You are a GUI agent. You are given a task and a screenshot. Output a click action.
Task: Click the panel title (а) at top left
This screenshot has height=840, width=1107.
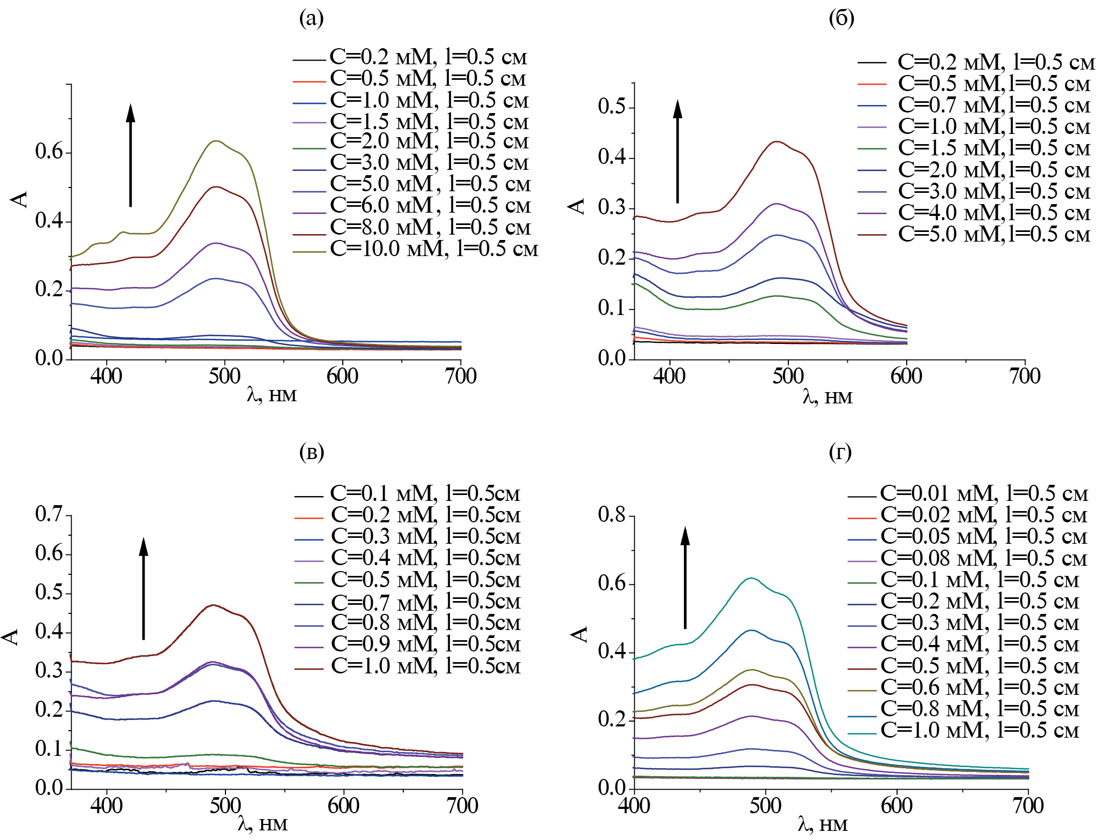311,19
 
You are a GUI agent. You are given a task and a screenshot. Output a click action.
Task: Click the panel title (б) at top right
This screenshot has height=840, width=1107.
841,19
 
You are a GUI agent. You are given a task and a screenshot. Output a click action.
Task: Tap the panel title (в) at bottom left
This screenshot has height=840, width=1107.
311,452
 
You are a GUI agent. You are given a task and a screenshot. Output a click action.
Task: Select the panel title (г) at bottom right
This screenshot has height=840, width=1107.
840,452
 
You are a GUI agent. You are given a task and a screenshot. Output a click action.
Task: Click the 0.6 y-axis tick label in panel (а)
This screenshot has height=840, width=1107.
49,152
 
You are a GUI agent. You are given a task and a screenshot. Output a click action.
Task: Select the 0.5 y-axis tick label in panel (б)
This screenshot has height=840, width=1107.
612,107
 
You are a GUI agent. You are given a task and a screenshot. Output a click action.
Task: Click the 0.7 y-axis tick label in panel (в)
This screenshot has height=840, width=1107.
49,514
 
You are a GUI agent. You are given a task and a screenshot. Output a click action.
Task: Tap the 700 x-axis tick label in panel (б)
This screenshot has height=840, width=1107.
1025,376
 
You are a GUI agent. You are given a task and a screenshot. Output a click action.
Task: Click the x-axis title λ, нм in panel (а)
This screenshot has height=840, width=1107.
272,395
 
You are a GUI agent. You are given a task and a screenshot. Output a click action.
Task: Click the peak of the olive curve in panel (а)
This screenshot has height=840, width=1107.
216,141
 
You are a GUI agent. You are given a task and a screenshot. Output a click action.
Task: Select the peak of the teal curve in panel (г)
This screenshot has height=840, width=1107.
752,577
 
